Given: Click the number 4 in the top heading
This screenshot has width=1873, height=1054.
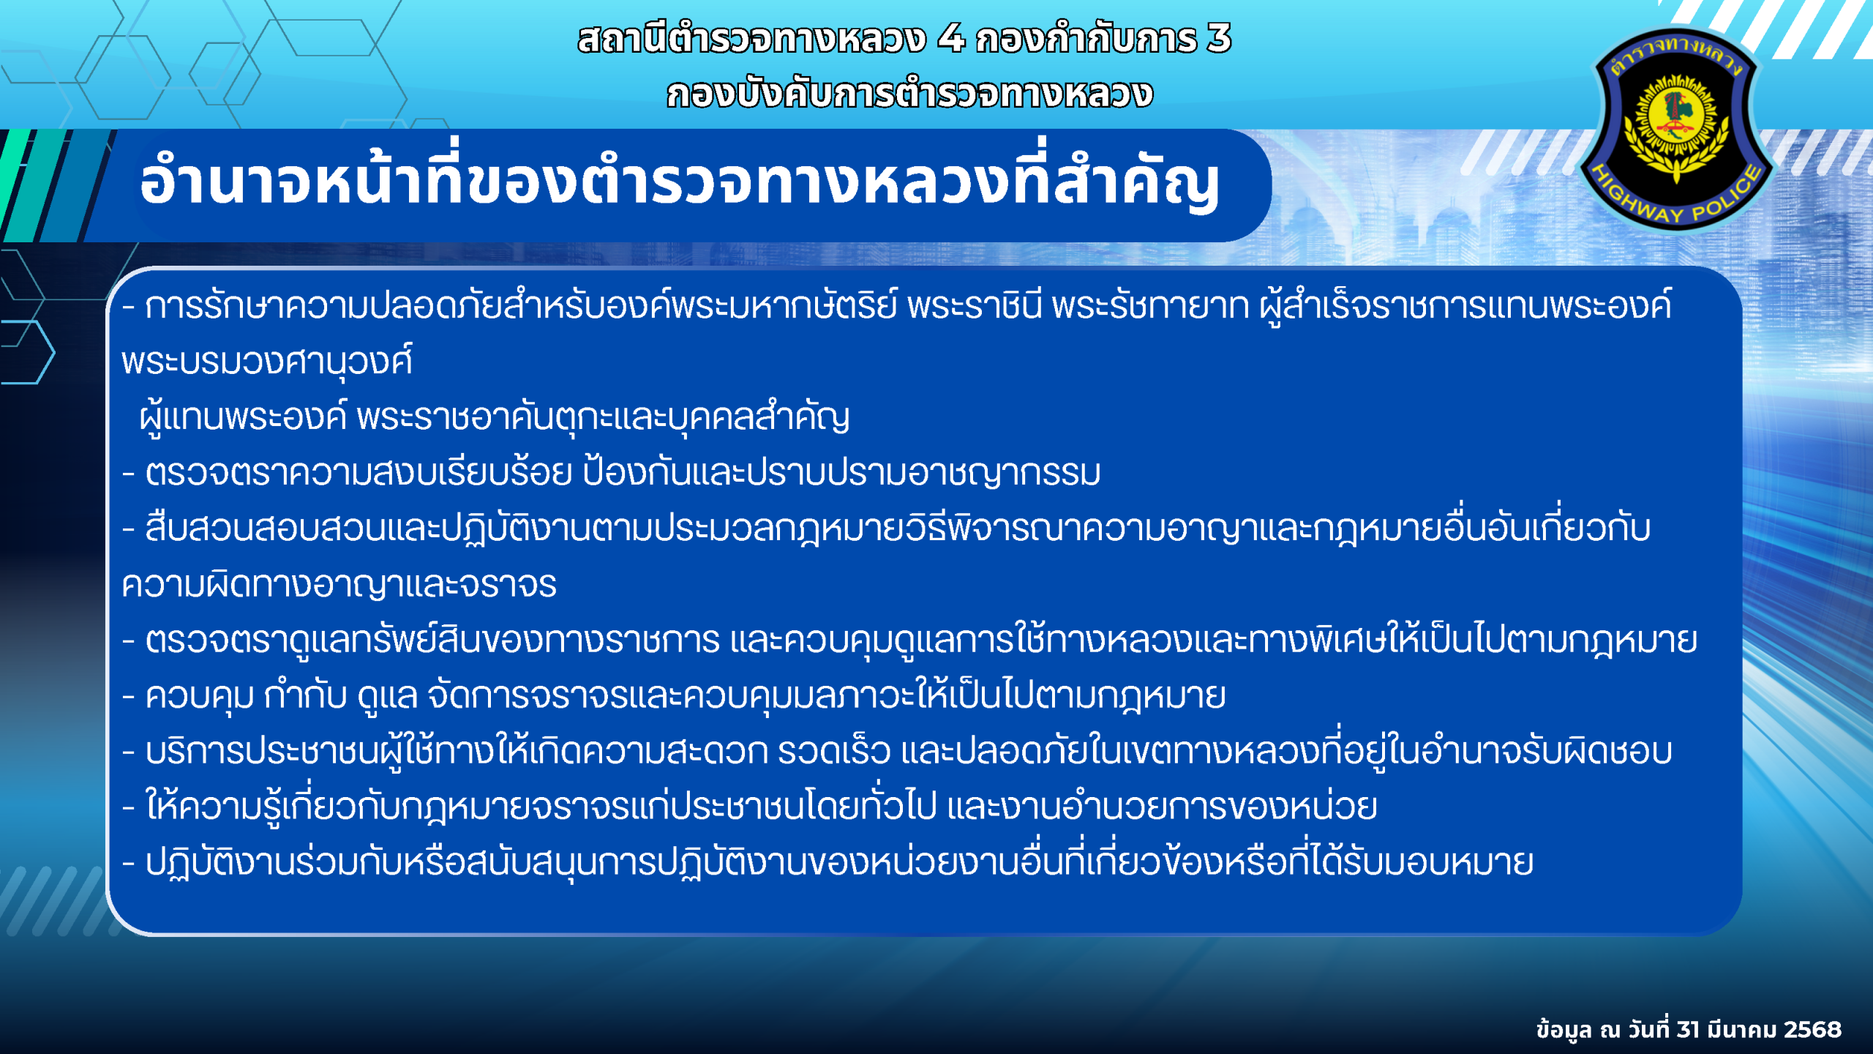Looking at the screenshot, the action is coord(951,38).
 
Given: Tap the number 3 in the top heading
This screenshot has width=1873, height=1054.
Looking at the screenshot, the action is coord(1219,38).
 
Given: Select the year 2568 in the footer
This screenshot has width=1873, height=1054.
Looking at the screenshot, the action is coord(1812,1029).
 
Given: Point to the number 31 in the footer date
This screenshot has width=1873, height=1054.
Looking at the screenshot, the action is coord(1688,1029).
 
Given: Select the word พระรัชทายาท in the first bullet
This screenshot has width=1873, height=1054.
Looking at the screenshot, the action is coord(1149,306).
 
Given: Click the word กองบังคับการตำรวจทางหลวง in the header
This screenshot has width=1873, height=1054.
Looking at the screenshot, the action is coord(909,94).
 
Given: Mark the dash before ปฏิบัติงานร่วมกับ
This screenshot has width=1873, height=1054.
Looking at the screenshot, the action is coord(129,864).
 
